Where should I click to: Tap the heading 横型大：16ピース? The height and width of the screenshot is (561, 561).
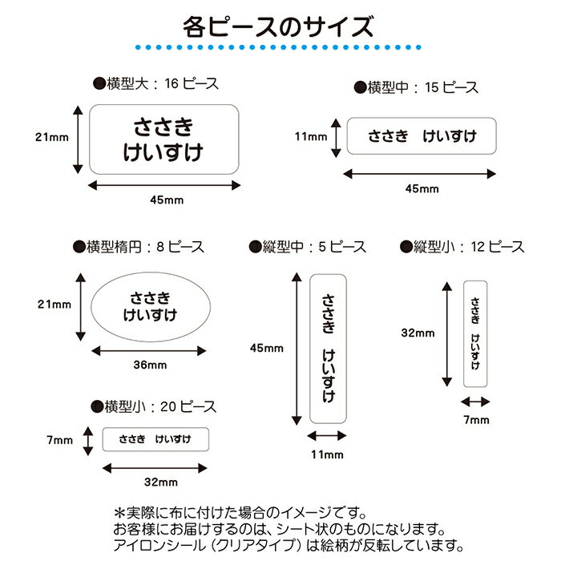[x=156, y=83]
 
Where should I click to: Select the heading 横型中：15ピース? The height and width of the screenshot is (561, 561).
[x=423, y=87]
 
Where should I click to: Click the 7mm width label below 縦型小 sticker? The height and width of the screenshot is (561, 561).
[x=475, y=419]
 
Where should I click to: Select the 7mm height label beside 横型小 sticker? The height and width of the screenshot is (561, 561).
[x=60, y=440]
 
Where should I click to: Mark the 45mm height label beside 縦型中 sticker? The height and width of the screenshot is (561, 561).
[x=267, y=349]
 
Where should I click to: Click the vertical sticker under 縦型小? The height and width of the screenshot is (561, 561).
[x=476, y=333]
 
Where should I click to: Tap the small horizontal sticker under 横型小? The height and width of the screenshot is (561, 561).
[x=156, y=439]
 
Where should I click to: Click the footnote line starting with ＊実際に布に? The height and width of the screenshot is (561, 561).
[x=240, y=512]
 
